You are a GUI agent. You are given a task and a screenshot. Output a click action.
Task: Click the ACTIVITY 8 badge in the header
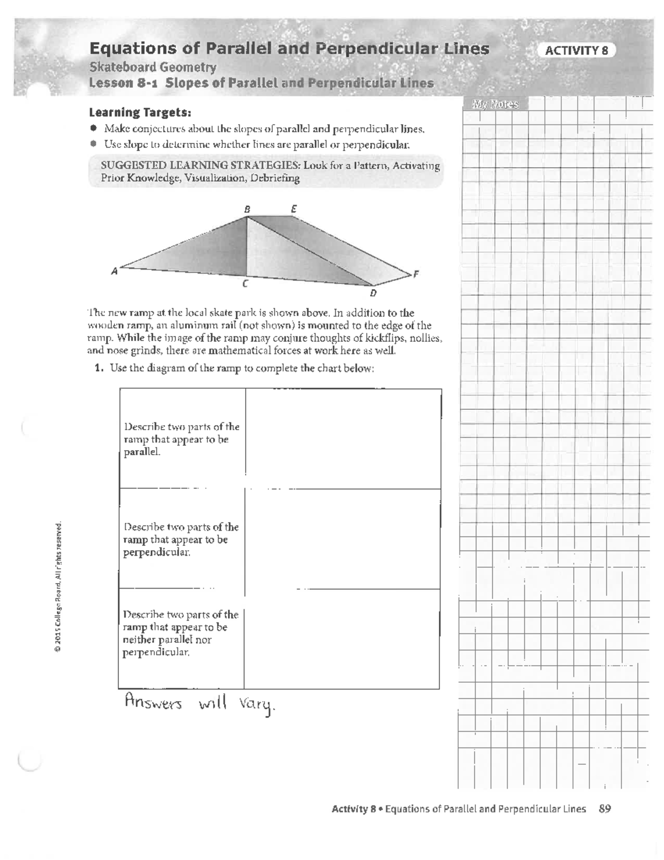[x=577, y=50]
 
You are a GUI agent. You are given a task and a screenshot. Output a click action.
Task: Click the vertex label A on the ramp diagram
[x=115, y=271]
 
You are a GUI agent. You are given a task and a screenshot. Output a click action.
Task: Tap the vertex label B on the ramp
[x=247, y=209]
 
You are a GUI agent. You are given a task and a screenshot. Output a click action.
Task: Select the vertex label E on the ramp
[x=294, y=209]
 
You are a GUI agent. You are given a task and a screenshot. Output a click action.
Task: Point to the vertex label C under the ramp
[x=244, y=284]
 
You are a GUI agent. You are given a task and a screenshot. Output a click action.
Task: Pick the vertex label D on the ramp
[x=373, y=293]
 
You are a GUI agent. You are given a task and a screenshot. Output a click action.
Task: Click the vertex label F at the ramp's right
[x=416, y=274]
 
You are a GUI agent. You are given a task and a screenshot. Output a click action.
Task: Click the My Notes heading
[x=495, y=104]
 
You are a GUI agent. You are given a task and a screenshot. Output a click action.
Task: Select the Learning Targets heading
[x=140, y=112]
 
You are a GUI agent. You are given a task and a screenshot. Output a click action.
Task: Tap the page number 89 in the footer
[x=605, y=808]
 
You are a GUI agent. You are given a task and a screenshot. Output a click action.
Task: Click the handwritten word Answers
[x=153, y=703]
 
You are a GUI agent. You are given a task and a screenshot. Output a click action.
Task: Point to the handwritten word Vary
[x=257, y=705]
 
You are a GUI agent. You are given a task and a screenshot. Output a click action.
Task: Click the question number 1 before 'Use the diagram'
[x=100, y=368]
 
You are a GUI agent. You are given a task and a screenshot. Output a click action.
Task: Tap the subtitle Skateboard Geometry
[x=153, y=67]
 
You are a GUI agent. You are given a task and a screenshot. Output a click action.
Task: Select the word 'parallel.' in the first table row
[x=142, y=452]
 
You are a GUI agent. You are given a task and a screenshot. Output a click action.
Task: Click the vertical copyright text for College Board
[x=58, y=587]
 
